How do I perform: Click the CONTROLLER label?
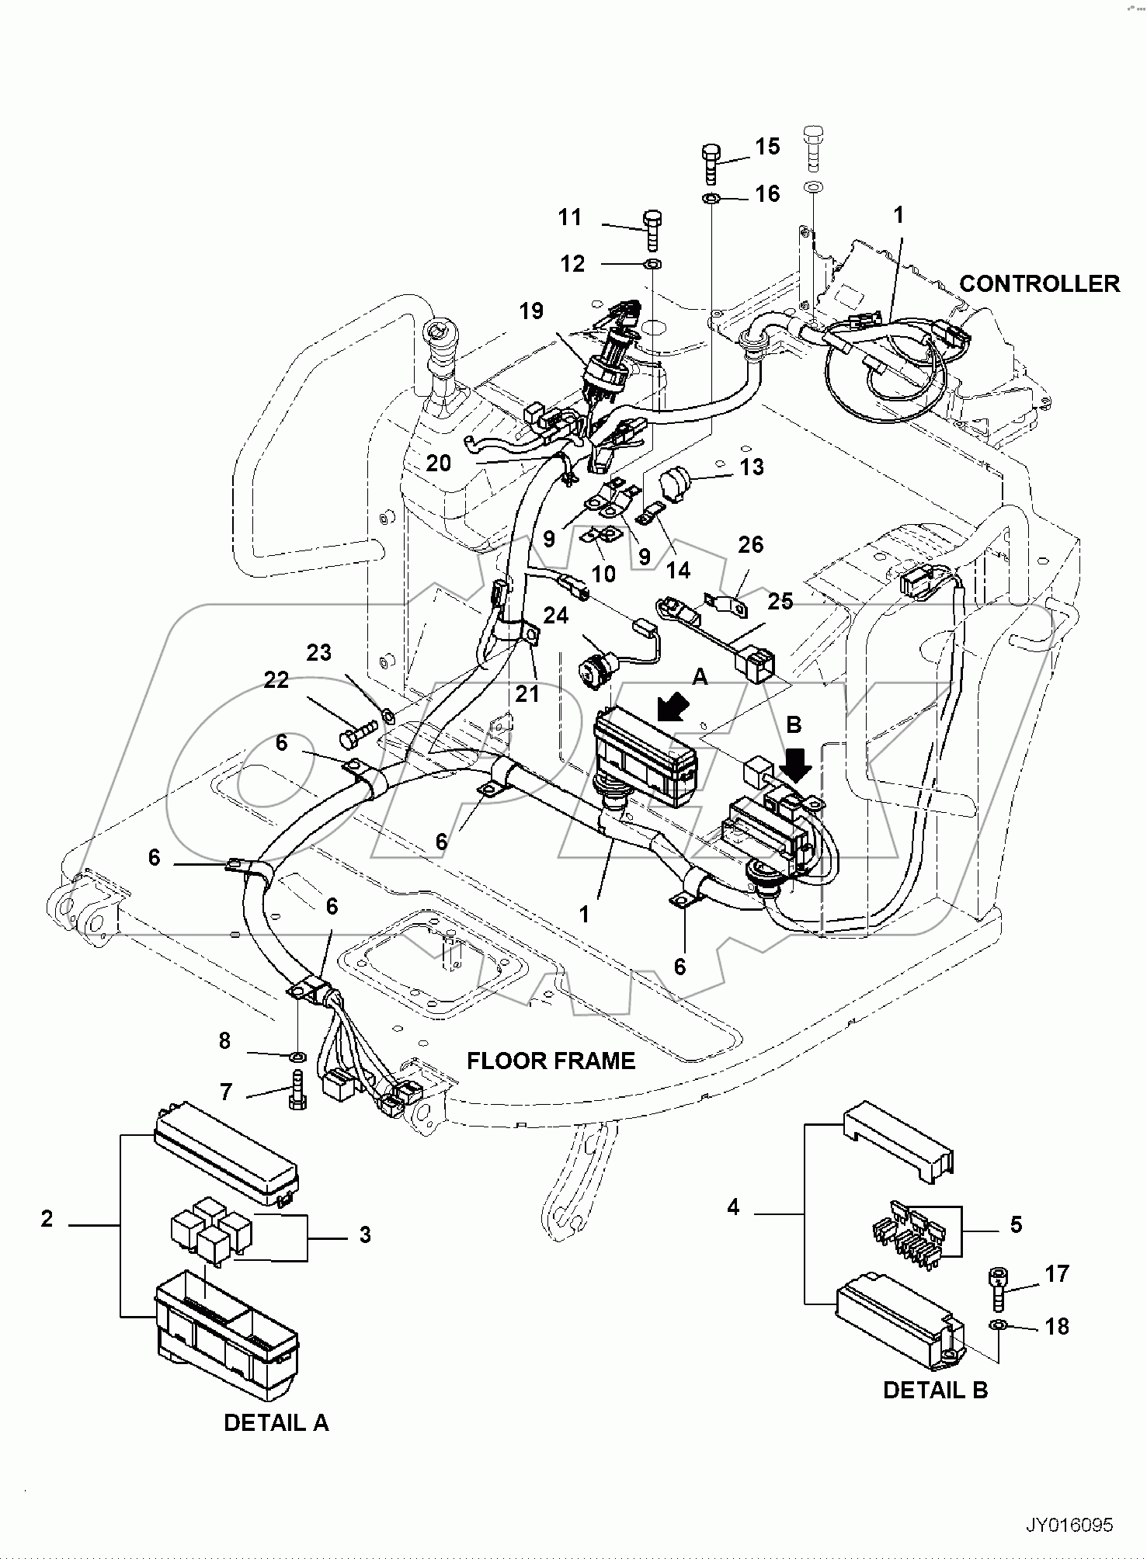(x=1039, y=284)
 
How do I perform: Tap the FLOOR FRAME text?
(x=551, y=1061)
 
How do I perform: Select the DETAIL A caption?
(x=276, y=1422)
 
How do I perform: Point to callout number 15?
(x=767, y=147)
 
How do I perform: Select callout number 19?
(x=531, y=311)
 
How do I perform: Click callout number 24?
(x=556, y=616)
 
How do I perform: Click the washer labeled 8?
(x=297, y=1057)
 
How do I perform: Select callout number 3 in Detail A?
(x=365, y=1234)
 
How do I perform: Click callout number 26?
(x=750, y=544)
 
